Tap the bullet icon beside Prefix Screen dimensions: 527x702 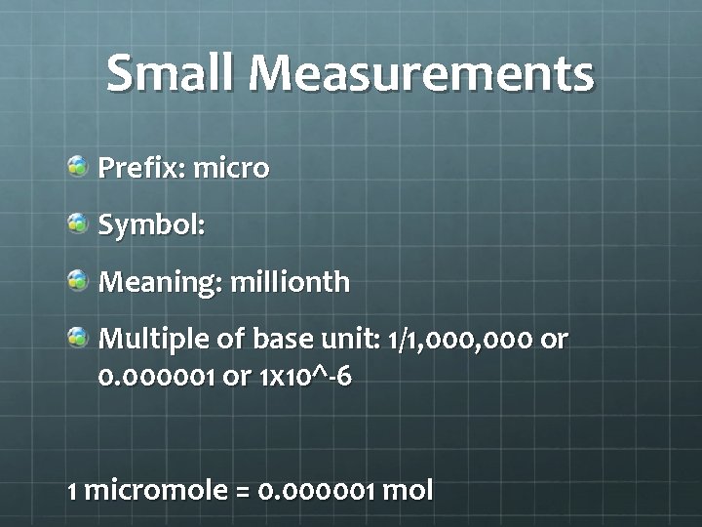[77, 167]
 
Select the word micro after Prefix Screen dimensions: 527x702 [231, 168]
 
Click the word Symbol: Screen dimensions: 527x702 [151, 225]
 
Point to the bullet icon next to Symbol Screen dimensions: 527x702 [77, 223]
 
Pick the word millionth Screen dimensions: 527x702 [291, 282]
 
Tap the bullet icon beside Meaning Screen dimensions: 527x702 [77, 281]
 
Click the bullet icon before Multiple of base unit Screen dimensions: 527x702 [77, 338]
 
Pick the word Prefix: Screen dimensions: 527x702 [141, 168]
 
